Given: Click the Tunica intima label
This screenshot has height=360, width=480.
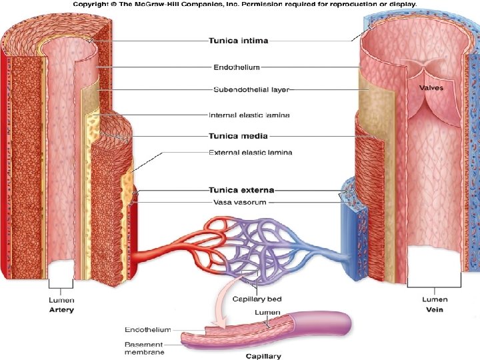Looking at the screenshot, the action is point(239,41).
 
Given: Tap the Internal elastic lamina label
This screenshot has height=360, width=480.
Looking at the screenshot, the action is point(249,115).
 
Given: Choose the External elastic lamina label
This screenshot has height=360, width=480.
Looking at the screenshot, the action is point(250,153).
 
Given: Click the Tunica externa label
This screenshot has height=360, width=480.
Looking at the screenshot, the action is point(241,190).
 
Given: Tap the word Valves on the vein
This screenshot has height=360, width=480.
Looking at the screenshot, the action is point(431,87).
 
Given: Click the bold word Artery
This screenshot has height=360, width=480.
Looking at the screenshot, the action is point(62,309).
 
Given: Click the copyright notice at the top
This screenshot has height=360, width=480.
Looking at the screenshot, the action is point(244,4).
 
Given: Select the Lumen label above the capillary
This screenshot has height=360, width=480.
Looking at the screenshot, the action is point(267,312).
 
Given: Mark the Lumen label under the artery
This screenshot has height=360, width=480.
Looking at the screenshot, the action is point(62,301).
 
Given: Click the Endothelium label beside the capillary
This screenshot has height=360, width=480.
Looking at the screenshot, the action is point(148,329).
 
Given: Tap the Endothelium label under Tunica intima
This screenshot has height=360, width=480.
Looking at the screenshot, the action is point(236,67).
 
